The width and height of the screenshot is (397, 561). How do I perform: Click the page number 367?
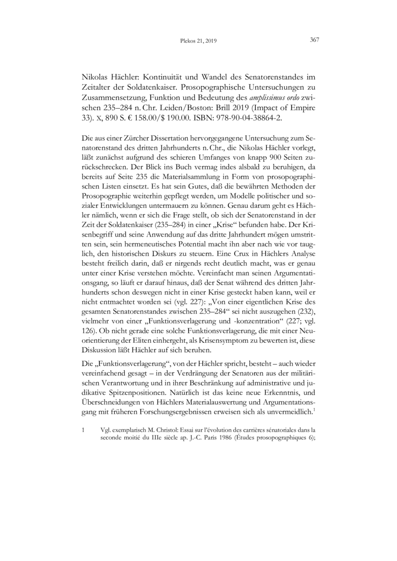tap(314, 40)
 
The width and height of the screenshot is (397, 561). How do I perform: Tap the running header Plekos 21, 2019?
tap(198, 41)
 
